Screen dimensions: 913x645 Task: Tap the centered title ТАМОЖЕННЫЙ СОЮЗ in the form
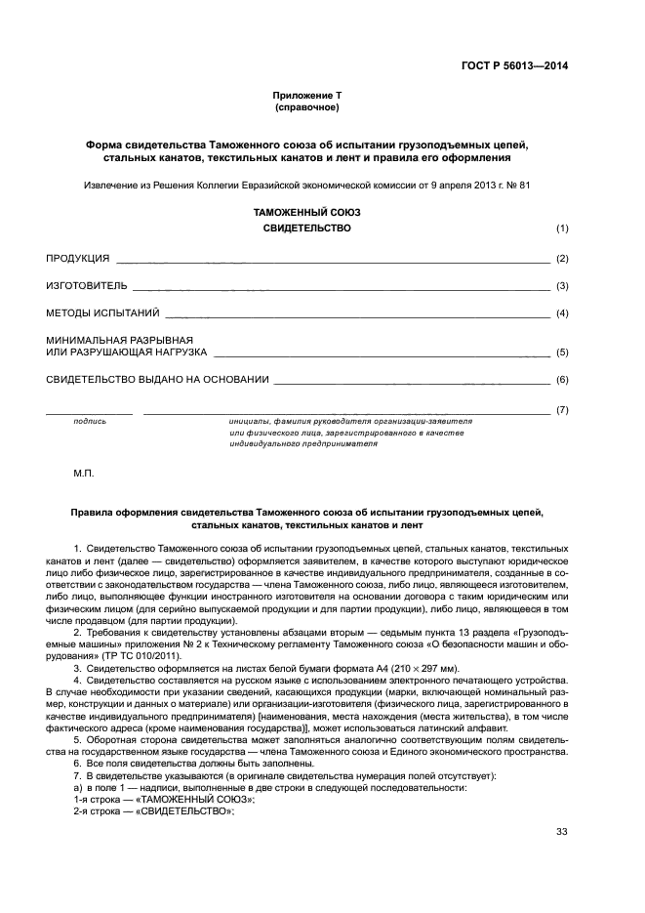click(x=307, y=211)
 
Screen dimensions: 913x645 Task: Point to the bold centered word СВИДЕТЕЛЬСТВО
click(x=307, y=228)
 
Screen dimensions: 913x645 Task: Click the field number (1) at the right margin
click(x=562, y=228)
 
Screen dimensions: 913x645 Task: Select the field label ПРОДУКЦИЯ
click(x=78, y=259)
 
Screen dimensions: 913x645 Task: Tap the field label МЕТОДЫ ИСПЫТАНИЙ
click(x=102, y=314)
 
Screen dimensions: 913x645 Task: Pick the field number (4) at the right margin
click(x=562, y=314)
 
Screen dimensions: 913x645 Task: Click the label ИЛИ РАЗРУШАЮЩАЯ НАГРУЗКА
click(x=127, y=352)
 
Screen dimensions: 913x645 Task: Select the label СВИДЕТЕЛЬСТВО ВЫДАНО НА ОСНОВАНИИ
click(x=157, y=379)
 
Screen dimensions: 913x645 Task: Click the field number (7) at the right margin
click(x=562, y=409)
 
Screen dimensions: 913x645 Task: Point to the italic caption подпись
click(x=90, y=421)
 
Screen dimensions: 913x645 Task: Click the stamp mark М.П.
click(x=84, y=473)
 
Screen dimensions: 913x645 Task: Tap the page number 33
click(x=561, y=832)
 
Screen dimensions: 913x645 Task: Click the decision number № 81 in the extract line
click(x=518, y=184)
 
